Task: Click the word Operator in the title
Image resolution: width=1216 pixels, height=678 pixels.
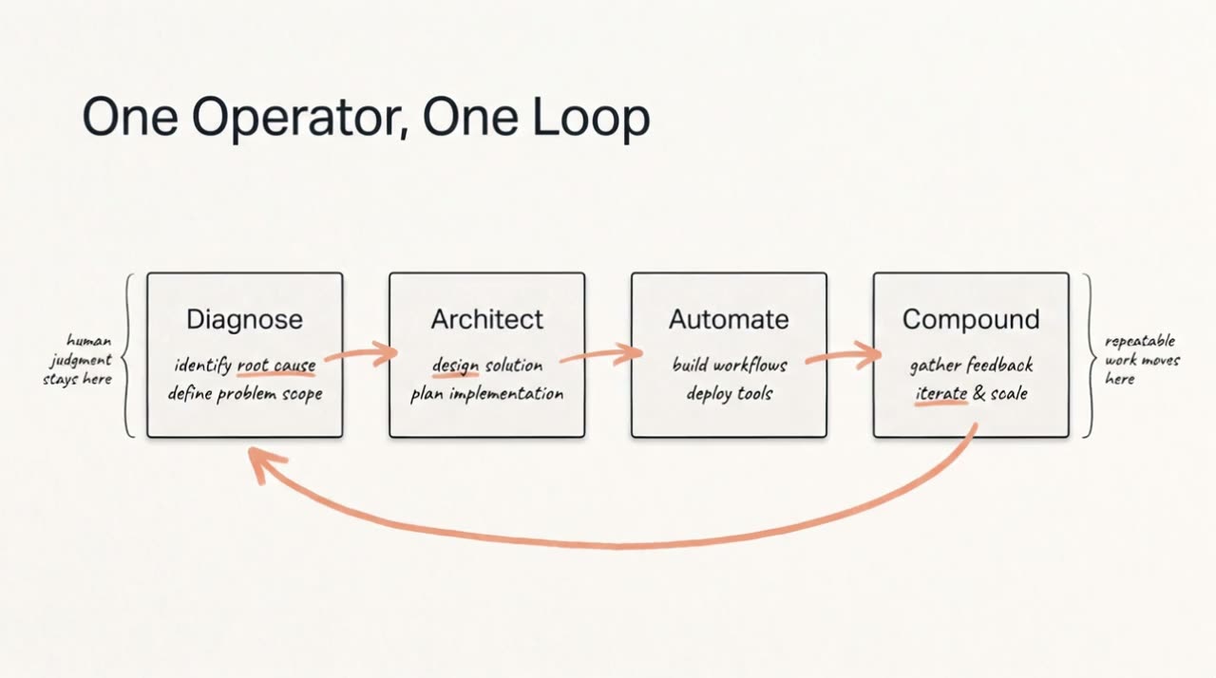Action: coord(300,119)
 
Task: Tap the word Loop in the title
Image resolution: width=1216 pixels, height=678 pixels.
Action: coord(591,119)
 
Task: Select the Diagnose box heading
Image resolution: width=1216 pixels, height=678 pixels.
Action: coord(244,319)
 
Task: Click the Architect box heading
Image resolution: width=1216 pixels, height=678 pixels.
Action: coord(486,319)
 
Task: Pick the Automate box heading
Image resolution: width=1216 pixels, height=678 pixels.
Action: coord(729,319)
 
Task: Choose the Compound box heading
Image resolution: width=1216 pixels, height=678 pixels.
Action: coord(971,319)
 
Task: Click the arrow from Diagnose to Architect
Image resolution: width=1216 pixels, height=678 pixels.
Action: coord(362,354)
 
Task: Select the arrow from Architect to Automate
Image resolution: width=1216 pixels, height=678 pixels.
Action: coord(601,354)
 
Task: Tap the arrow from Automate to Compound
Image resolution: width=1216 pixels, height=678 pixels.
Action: coord(844,355)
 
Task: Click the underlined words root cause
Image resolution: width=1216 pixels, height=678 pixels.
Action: coord(276,366)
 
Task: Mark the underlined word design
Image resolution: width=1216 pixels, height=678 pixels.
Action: coord(455,366)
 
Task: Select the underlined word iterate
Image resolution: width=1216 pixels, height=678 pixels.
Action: coord(940,393)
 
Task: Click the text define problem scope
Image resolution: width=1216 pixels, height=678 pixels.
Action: coord(245,394)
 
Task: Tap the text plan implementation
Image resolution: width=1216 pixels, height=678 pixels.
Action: coord(486,394)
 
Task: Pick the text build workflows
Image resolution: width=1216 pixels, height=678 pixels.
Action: coord(729,365)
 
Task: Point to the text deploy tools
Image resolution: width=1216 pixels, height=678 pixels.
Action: coord(729,394)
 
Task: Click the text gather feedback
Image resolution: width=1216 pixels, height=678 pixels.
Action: coord(971,366)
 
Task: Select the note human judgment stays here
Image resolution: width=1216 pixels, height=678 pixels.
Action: coord(78,360)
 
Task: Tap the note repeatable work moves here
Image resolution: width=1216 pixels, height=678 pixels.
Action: coord(1142,360)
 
